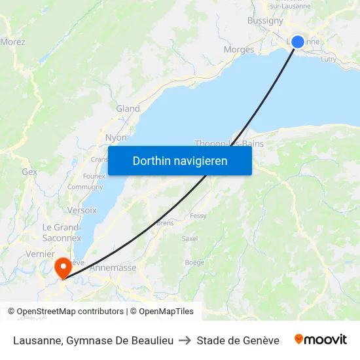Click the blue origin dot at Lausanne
(297, 42)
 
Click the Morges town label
(238, 50)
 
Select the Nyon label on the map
(116, 138)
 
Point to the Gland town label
(128, 109)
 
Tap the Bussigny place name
(265, 20)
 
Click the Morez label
(12, 42)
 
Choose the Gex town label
(29, 171)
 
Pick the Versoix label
(82, 210)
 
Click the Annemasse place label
(112, 268)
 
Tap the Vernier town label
(40, 254)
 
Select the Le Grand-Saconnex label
(61, 232)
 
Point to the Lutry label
(329, 59)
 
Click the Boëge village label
(194, 262)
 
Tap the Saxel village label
(190, 239)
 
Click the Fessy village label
(198, 216)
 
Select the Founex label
(94, 176)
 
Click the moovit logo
(320, 340)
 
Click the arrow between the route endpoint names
(185, 340)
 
